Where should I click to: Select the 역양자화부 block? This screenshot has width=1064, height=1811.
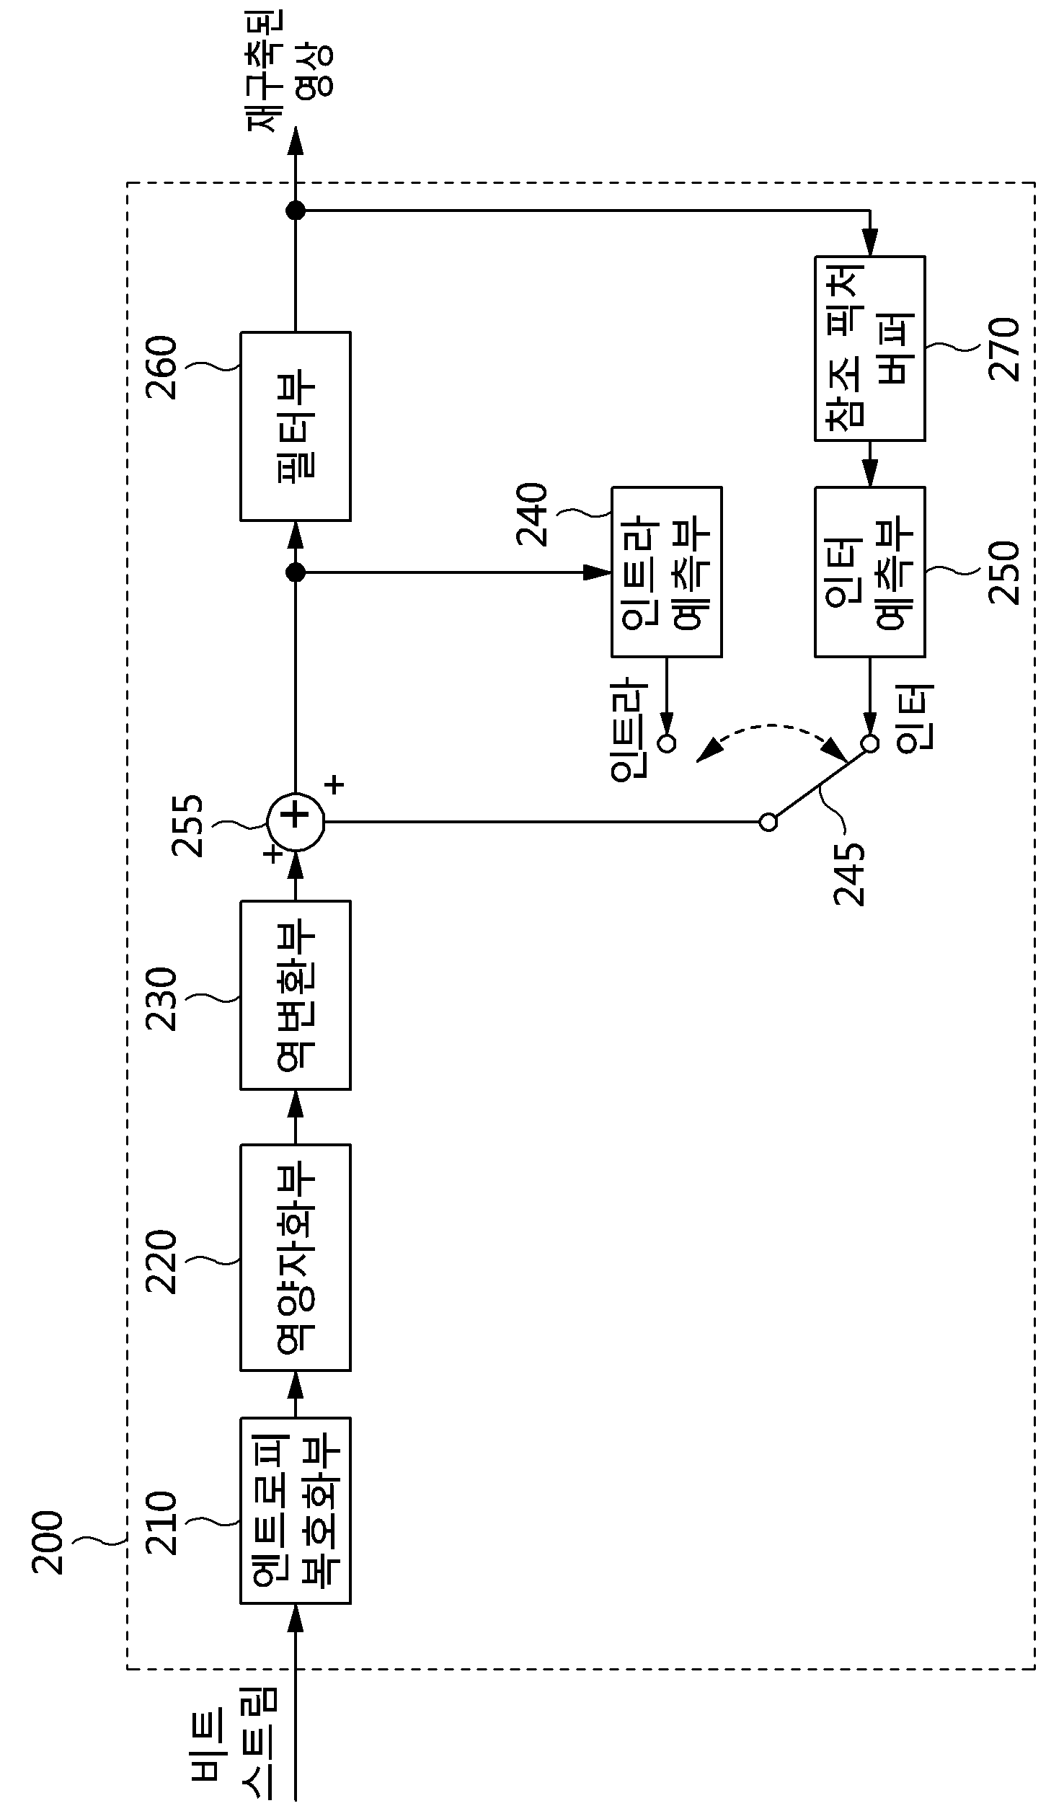tap(296, 1257)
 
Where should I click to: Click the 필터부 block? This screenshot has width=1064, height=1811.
tap(296, 426)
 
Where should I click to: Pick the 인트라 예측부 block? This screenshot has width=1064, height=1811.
tap(667, 572)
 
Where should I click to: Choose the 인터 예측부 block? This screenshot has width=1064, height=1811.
tap(870, 572)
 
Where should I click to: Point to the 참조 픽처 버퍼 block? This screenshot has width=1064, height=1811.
tap(870, 348)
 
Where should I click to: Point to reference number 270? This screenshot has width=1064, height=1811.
tap(1004, 350)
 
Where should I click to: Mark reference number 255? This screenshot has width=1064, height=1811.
tap(189, 825)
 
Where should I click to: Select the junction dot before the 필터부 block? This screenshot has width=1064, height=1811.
tap(296, 572)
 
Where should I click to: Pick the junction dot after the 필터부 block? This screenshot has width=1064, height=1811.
tap(296, 211)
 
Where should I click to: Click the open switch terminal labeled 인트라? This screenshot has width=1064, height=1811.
tap(668, 743)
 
